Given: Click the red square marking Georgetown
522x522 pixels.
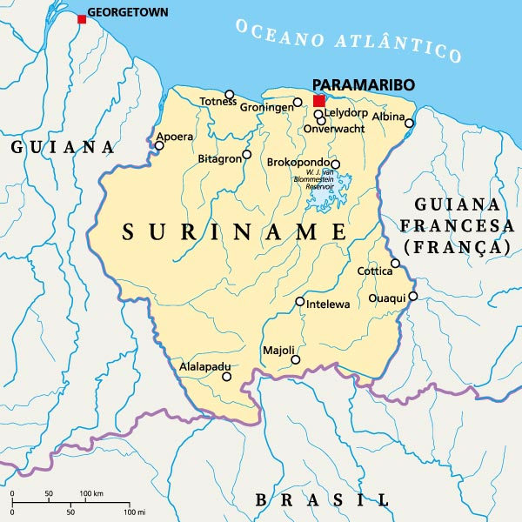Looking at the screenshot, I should [82, 19].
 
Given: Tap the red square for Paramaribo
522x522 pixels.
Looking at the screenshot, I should [319, 101].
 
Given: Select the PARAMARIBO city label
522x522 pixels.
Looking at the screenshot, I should [363, 84].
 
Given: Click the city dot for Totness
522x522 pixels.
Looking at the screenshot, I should [230, 95].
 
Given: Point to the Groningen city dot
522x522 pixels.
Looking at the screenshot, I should [298, 103].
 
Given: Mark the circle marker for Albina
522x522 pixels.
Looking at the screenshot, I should [409, 123].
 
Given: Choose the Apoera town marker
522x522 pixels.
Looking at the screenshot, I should [159, 145].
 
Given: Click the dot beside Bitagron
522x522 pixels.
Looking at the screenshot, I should [246, 155].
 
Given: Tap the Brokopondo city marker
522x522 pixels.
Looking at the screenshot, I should [335, 164].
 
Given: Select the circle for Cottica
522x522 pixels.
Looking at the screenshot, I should [395, 264].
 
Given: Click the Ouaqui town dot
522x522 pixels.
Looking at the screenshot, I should [413, 297].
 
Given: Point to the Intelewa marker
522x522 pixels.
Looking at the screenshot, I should [300, 302].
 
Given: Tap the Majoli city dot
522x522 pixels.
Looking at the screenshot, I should [296, 359].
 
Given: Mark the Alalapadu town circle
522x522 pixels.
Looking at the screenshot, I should [227, 377].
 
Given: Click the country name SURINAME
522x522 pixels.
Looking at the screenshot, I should [234, 232].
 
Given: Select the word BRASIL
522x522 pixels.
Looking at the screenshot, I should [322, 499].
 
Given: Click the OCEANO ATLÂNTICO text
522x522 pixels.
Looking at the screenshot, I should [348, 38].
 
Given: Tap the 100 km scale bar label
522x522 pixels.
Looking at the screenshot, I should [93, 494].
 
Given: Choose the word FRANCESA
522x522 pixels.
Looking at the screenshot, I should [457, 226].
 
